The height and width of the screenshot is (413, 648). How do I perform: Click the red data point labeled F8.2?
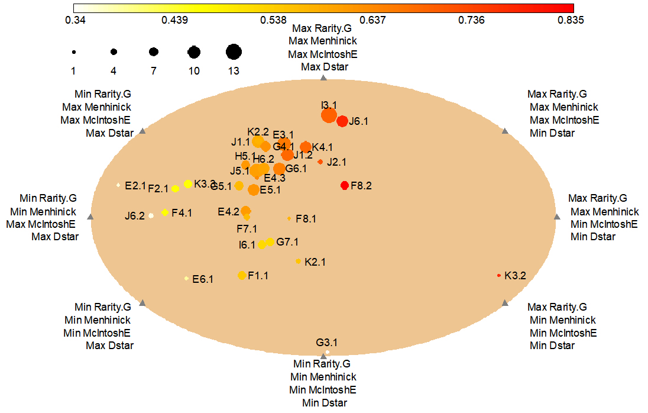(x=345, y=185)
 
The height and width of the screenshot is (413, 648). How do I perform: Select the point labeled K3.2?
(x=499, y=275)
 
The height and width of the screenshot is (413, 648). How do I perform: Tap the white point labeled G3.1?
(x=327, y=352)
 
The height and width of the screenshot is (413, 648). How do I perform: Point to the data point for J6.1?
(x=342, y=121)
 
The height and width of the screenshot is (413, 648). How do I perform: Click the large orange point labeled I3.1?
(x=329, y=115)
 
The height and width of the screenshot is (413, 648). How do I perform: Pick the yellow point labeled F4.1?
(x=165, y=212)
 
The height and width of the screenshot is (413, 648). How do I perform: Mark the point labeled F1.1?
(x=241, y=275)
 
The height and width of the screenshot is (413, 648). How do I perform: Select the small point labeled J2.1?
(x=320, y=162)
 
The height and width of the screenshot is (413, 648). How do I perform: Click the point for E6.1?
(x=187, y=278)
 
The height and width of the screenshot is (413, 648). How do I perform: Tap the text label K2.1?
(x=315, y=262)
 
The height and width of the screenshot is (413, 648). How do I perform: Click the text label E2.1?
(x=135, y=186)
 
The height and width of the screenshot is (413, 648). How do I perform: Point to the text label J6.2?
(x=135, y=216)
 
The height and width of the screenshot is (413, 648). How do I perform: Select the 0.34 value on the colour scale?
(x=76, y=20)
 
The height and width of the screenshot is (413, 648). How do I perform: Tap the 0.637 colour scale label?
(x=372, y=20)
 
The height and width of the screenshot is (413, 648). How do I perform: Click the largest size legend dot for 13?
(x=234, y=52)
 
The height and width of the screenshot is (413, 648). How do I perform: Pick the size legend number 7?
(x=154, y=71)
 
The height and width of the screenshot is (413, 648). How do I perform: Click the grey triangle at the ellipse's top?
(x=323, y=78)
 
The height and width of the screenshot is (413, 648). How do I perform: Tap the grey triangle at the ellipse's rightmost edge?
(x=556, y=217)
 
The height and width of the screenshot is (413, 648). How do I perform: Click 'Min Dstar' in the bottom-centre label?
(x=324, y=403)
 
